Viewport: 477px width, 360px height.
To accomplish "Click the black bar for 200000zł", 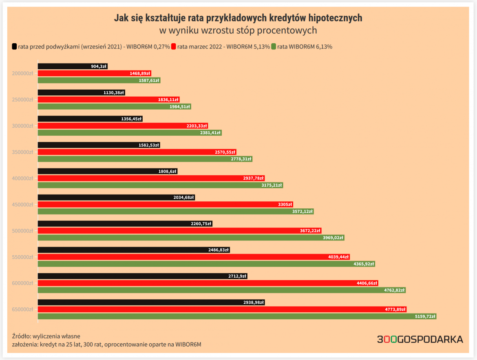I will point(73,66).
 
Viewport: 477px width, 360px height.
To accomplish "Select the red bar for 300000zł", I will point(123,126).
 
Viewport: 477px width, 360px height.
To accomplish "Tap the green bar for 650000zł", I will point(237,316).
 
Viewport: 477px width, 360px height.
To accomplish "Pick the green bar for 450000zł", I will point(176,211).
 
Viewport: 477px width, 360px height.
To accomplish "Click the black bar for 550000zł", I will point(134,250).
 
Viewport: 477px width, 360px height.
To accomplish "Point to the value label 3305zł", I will point(285,204).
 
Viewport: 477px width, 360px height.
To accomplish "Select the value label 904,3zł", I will point(99,66).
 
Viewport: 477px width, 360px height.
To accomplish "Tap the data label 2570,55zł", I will point(225,152).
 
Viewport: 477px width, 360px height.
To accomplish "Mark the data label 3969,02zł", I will point(333,238).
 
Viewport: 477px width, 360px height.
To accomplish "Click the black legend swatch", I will point(15,46).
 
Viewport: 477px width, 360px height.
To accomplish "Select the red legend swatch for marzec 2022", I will point(174,46).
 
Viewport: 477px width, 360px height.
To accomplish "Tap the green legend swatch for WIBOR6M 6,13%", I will point(274,46).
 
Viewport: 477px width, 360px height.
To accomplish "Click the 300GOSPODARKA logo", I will point(420,339).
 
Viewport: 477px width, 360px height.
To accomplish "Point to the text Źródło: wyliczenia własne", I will point(46,336).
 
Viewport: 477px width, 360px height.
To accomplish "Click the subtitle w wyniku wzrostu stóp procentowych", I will point(238,31).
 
